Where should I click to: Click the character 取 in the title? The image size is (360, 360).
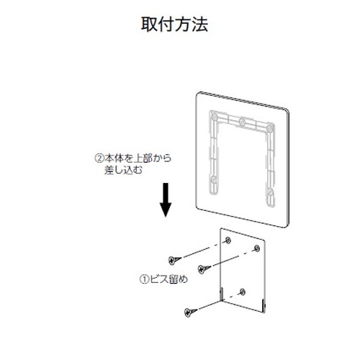(x=149, y=24)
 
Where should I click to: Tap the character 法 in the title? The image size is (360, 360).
(x=199, y=24)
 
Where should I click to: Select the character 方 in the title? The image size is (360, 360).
(x=183, y=24)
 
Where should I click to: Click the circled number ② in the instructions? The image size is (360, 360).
(x=99, y=158)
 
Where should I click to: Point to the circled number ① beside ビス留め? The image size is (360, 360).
(x=145, y=279)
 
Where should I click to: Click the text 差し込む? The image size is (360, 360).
(x=123, y=170)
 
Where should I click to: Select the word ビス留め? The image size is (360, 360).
(x=168, y=279)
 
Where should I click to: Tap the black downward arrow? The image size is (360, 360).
(x=166, y=199)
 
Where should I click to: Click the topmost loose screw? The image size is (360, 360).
(x=174, y=260)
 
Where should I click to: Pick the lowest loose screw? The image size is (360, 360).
(x=191, y=312)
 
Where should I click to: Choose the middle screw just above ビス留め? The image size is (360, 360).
(x=204, y=269)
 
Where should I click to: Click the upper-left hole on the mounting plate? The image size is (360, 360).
(x=228, y=240)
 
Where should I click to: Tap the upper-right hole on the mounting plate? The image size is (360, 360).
(x=257, y=248)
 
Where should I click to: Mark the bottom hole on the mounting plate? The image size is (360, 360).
(x=243, y=292)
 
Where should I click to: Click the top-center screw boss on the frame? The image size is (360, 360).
(x=243, y=122)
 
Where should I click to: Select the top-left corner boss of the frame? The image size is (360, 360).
(x=215, y=117)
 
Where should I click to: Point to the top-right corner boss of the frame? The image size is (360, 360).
(x=270, y=127)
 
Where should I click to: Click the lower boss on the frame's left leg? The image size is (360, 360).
(x=214, y=179)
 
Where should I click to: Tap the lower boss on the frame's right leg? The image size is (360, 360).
(x=270, y=192)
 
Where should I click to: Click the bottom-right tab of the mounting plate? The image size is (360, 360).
(x=264, y=306)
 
